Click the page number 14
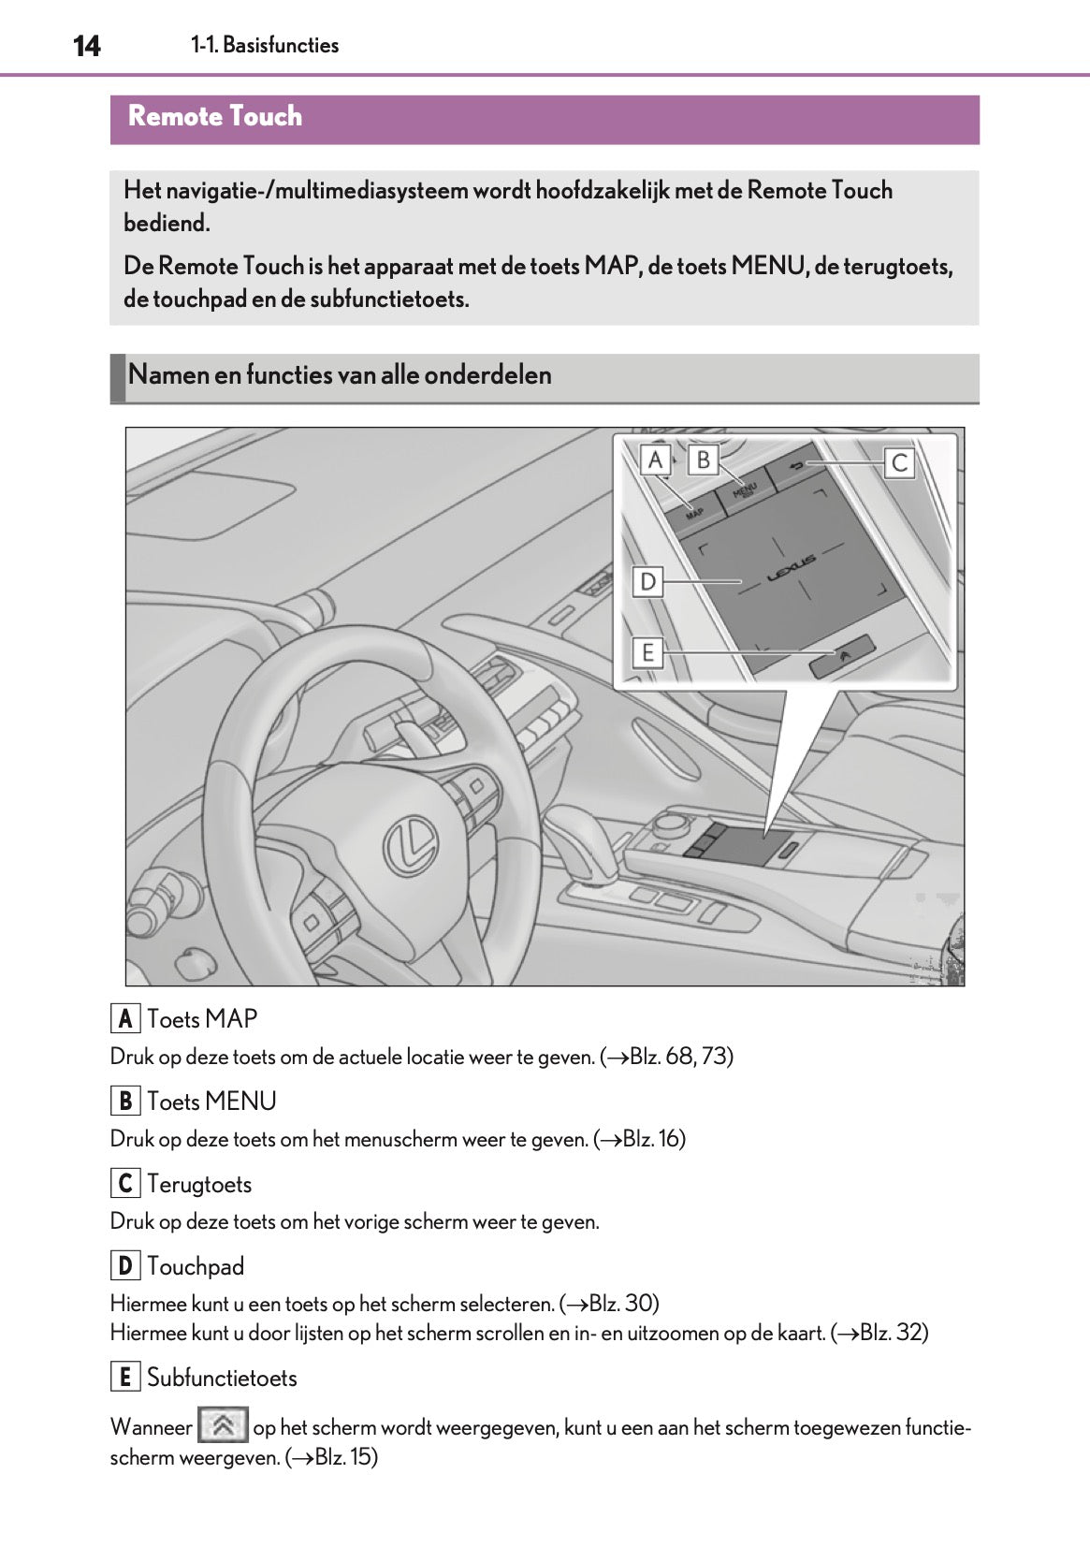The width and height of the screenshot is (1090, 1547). click(x=86, y=46)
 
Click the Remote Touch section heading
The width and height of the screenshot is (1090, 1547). click(x=215, y=117)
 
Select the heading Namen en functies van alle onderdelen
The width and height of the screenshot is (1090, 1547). click(x=340, y=375)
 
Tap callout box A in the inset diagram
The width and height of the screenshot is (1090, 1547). click(x=655, y=460)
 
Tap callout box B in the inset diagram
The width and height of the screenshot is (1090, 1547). click(x=703, y=460)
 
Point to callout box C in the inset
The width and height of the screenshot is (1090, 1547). click(x=899, y=462)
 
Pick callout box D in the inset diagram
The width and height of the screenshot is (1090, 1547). click(x=647, y=582)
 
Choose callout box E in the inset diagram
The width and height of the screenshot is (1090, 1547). click(x=647, y=651)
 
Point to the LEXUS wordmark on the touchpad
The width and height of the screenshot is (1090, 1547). click(x=792, y=568)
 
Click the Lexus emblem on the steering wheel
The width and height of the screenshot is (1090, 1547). click(x=411, y=846)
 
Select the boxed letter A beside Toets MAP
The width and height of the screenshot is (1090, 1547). click(x=125, y=1018)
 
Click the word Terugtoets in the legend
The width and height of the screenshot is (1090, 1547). click(x=199, y=1184)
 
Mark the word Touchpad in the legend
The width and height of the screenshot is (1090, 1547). click(x=196, y=1266)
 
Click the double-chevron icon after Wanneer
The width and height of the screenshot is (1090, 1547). click(x=223, y=1425)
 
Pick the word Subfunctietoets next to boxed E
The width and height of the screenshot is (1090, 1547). click(x=222, y=1378)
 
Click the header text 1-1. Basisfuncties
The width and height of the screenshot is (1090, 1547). click(x=265, y=45)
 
